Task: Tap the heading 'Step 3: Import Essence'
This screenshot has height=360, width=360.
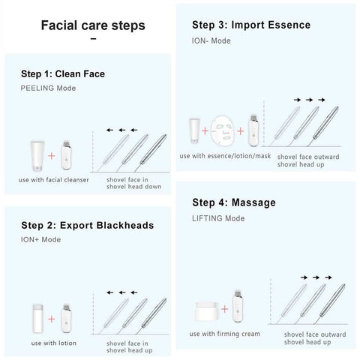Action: point(251,25)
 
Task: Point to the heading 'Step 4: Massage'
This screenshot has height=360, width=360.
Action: point(234,202)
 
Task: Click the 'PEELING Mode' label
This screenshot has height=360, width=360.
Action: point(49,88)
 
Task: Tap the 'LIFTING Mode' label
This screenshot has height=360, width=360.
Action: point(218,217)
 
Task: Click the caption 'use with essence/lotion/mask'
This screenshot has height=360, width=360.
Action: point(224,156)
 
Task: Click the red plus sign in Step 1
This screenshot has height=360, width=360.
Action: point(52,156)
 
